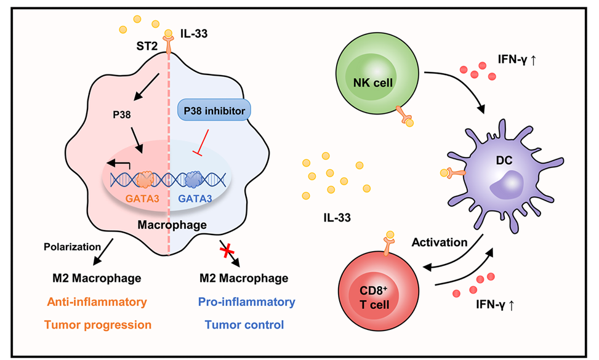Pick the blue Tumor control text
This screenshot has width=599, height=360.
(244, 324)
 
